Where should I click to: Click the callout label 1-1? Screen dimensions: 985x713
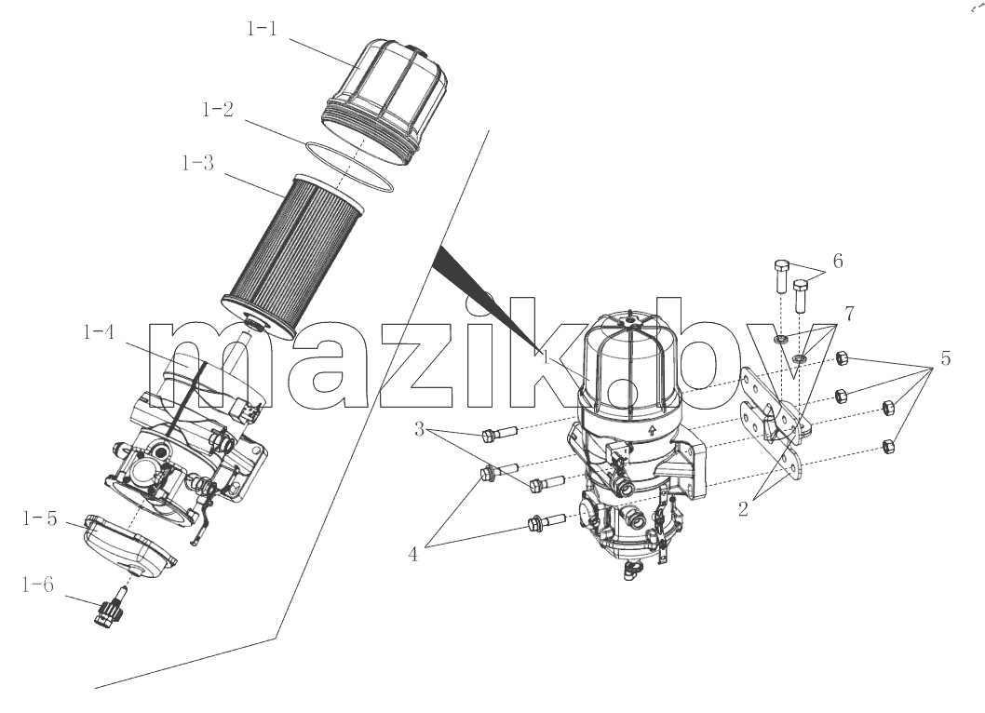coord(262,28)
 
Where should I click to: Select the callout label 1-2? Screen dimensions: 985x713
coord(217,109)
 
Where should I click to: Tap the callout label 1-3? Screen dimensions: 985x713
coord(197,163)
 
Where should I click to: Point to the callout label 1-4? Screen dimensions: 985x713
coord(100,331)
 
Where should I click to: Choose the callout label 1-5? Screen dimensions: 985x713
coord(40,518)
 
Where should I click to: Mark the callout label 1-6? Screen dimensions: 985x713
coord(37,585)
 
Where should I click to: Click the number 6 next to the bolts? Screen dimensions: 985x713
coord(838,261)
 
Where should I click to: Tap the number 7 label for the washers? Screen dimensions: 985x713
coord(849,314)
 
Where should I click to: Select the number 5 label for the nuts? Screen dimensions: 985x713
coord(945,358)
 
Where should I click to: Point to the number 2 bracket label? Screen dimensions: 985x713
coord(743,509)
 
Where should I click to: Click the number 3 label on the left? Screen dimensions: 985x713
coord(420,430)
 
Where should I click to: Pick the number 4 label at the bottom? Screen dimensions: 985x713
coord(413,555)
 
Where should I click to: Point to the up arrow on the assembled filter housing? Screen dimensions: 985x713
coord(652,430)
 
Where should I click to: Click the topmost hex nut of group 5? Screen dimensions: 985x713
coord(843,359)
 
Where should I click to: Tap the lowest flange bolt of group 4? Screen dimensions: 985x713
coord(547,521)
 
